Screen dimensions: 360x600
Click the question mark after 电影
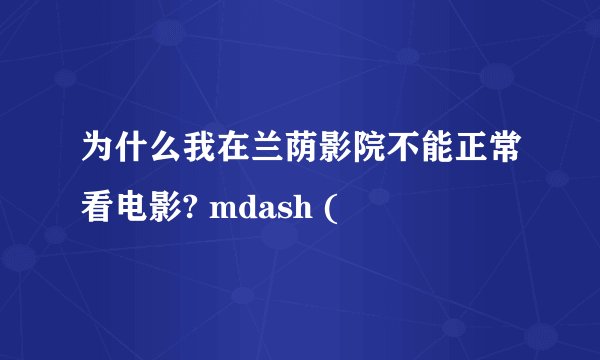point(194,208)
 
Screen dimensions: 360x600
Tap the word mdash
point(260,208)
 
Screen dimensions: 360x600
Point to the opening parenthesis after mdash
point(331,208)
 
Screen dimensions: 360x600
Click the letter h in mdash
point(302,208)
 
